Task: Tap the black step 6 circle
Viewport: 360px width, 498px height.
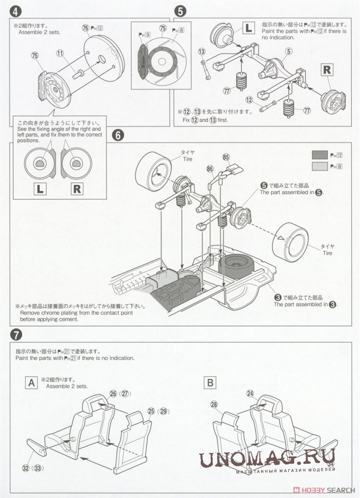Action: pos(119,135)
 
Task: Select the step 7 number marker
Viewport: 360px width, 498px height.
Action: pos(16,334)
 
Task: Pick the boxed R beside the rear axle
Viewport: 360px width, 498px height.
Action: pos(326,70)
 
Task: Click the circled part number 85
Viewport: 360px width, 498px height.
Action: pos(225,157)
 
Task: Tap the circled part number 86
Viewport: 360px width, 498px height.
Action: pos(210,169)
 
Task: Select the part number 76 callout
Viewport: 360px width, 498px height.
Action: pos(86,29)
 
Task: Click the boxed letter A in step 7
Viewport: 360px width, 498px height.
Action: pos(31,382)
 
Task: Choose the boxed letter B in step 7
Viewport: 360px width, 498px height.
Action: pos(210,382)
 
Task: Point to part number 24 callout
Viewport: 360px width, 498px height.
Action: pos(251,393)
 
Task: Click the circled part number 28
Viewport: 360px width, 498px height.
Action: pos(214,404)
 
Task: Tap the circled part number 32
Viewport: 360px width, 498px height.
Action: pos(26,468)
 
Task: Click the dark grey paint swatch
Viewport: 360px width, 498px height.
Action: pos(320,155)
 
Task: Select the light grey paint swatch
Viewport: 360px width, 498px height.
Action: pos(320,166)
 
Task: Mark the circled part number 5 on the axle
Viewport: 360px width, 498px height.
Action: pos(289,51)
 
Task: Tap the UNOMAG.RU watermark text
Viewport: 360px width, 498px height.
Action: pos(267,459)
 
